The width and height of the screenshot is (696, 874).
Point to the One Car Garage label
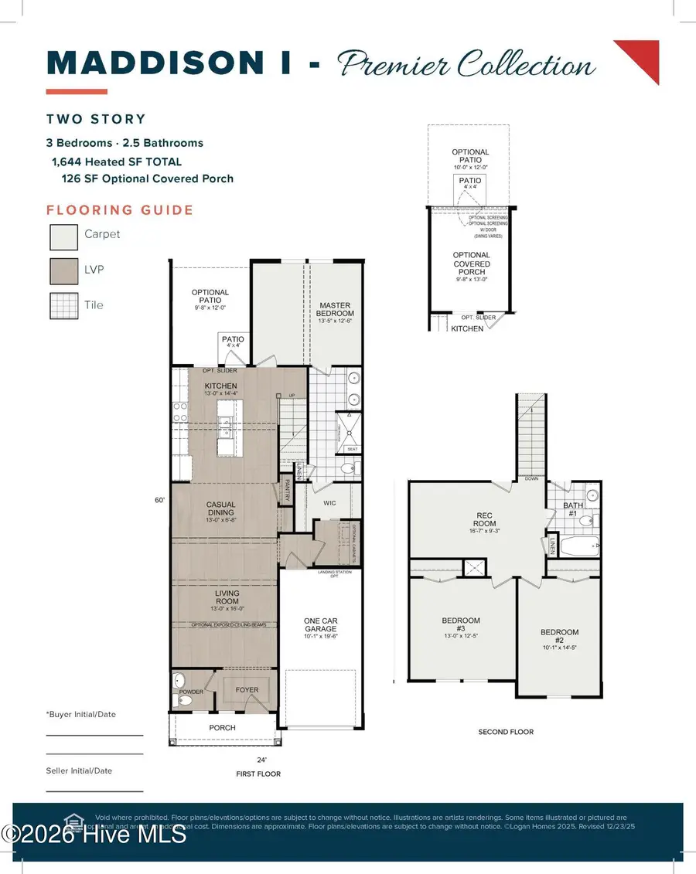[x=319, y=625]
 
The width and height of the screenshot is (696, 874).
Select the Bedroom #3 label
[x=461, y=625]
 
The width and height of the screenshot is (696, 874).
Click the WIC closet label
[x=329, y=503]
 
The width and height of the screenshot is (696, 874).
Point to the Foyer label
[x=247, y=690]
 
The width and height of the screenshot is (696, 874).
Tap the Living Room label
[x=227, y=598]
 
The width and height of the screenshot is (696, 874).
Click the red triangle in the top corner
[x=643, y=56]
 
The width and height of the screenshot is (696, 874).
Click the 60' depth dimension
[x=160, y=500]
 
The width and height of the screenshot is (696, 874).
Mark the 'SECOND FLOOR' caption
[x=505, y=732]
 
